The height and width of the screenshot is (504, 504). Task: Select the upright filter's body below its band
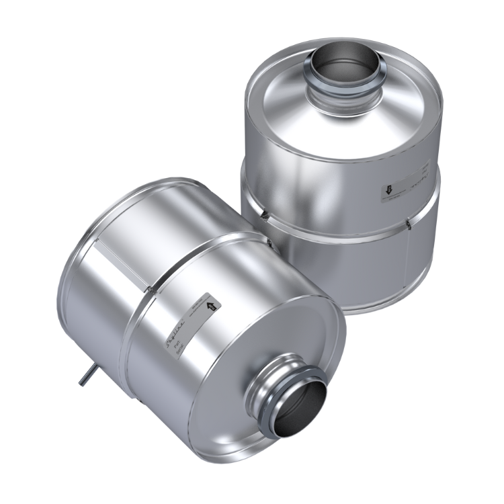pos(336,262)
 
